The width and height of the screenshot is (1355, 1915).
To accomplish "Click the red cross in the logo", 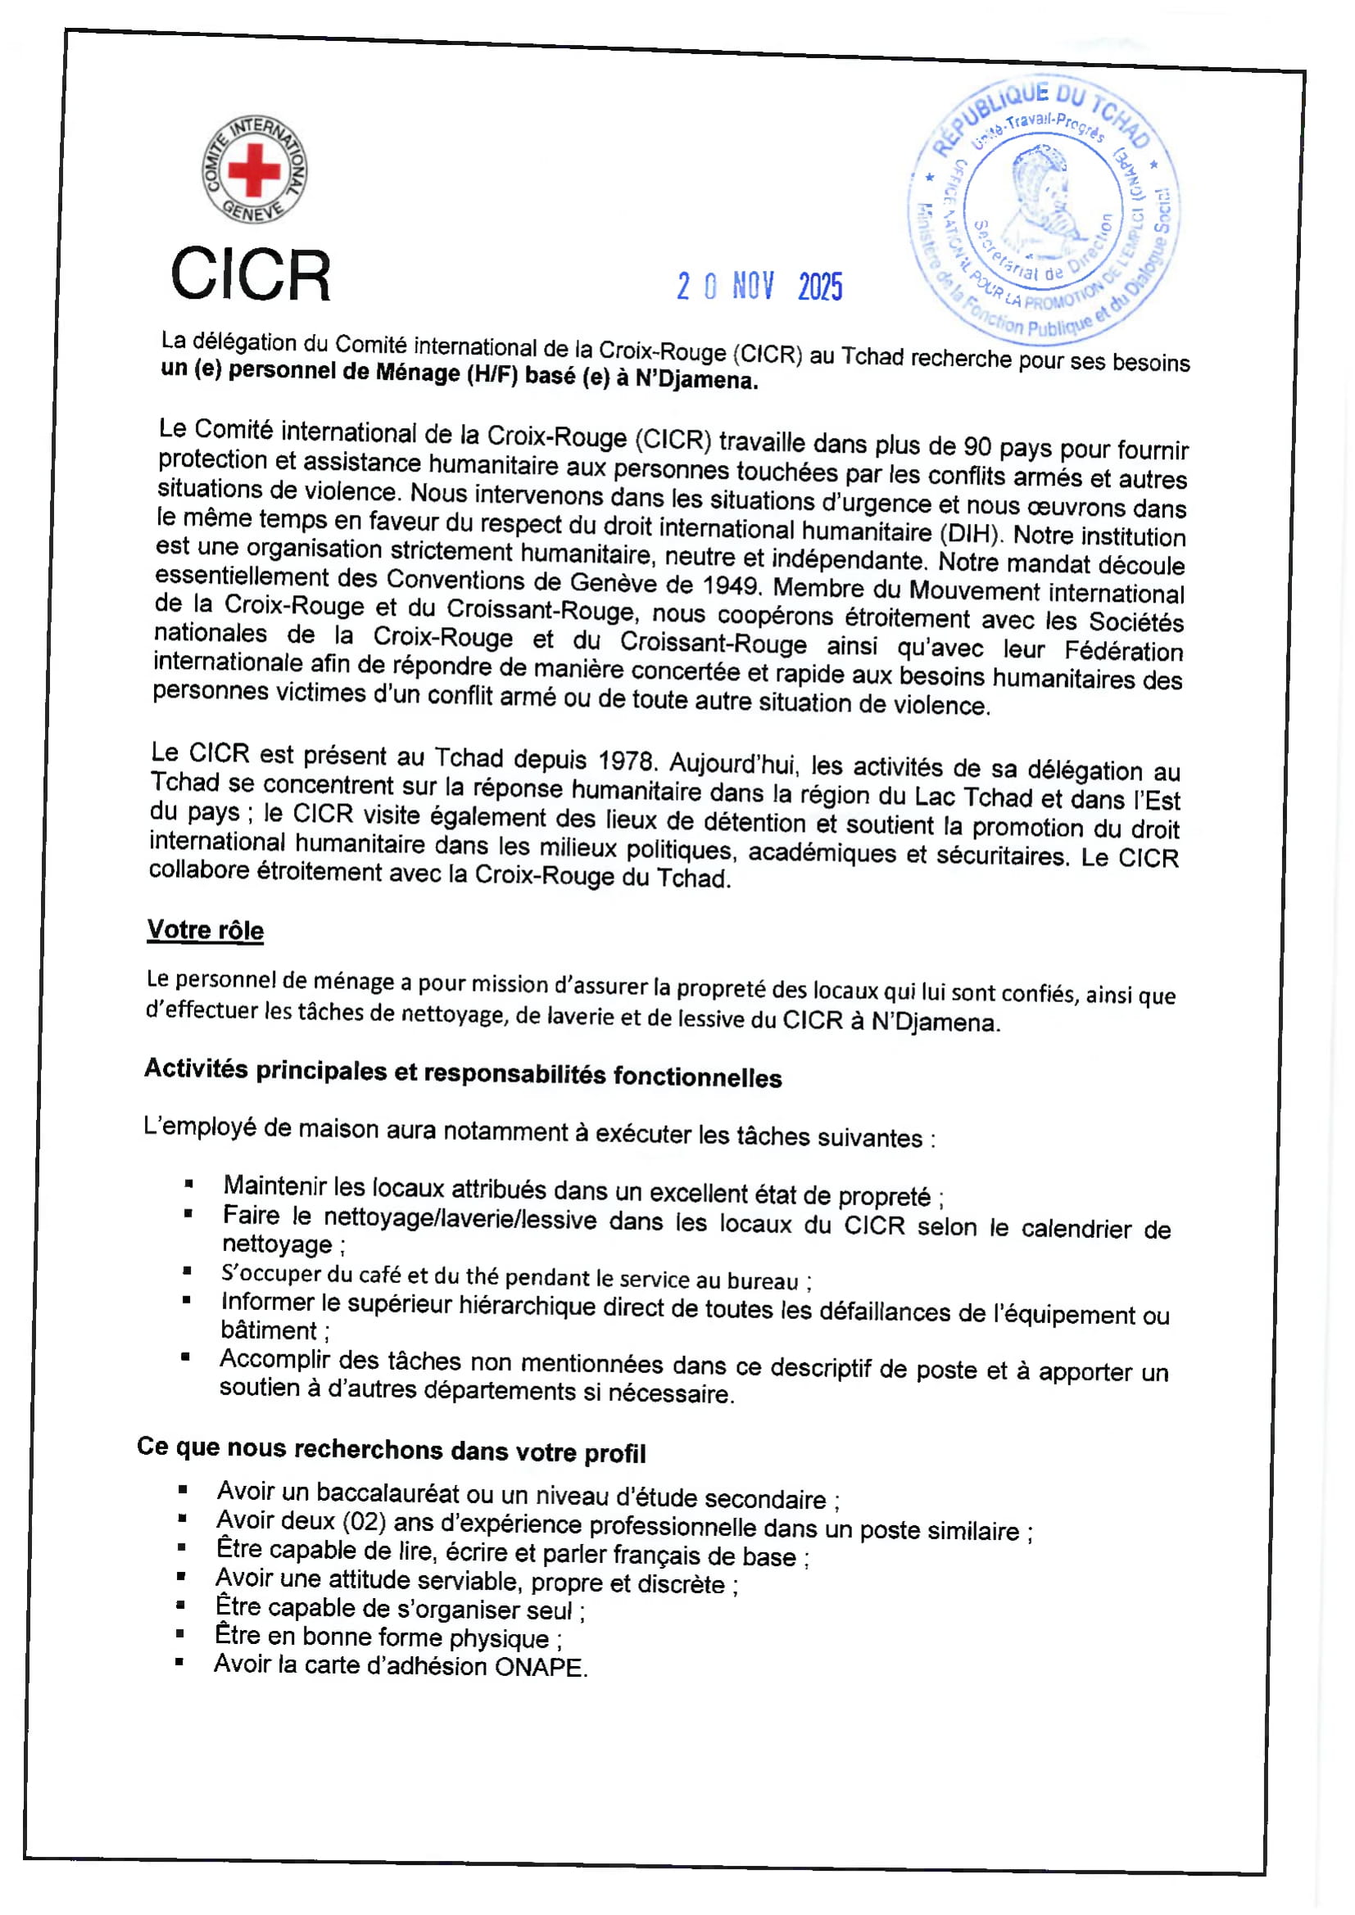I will [x=254, y=169].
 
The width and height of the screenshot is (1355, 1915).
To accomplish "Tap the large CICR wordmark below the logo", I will [x=251, y=274].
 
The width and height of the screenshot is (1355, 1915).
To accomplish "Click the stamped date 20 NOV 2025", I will [x=759, y=286].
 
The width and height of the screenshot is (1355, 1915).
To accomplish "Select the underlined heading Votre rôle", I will [x=206, y=930].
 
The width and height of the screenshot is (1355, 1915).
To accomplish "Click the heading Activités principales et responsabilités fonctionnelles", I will [x=463, y=1073].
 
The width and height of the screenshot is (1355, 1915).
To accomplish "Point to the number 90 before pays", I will [x=977, y=446].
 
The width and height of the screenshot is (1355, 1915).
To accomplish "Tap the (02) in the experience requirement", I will [x=364, y=1521].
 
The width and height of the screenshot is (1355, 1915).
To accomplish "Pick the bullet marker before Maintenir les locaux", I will [x=189, y=1184].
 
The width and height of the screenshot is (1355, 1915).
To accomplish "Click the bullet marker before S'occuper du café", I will [x=187, y=1271].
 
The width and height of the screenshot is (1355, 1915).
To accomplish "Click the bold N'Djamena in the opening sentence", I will [x=696, y=380].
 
